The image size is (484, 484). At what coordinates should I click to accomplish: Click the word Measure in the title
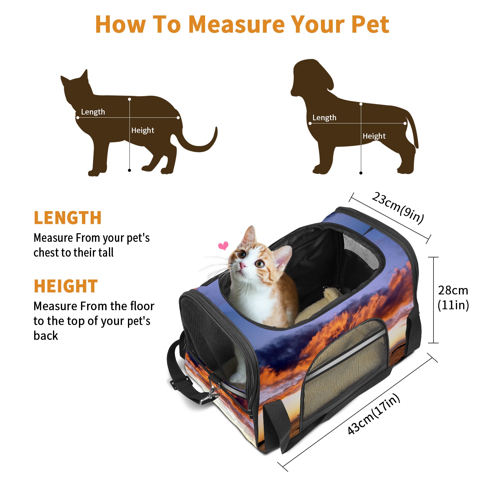237,24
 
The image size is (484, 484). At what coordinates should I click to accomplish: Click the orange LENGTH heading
68,218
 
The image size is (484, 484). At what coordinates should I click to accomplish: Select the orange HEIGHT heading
66,286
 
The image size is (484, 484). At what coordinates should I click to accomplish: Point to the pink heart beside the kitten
224,246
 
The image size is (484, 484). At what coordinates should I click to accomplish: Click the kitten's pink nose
243,265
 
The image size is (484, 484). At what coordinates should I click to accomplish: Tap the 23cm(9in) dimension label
398,208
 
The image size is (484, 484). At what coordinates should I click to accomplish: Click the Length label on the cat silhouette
93,112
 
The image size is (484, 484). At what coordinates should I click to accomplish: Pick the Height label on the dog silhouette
374,136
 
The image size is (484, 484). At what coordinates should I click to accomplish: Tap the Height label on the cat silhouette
143,130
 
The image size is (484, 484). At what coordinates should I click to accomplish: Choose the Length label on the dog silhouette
324,118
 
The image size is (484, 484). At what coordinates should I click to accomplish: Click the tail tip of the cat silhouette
216,128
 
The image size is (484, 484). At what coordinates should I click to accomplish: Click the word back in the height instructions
46,336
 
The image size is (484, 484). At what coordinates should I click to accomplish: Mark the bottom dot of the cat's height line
129,170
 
